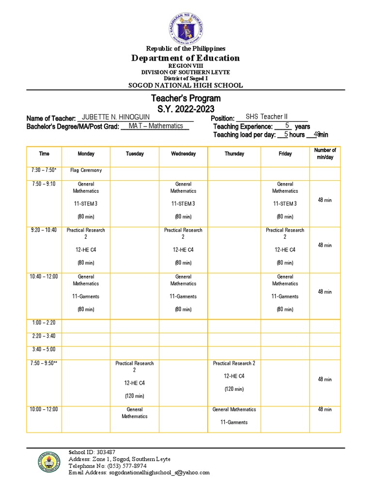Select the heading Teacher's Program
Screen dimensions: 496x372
[x=186, y=99]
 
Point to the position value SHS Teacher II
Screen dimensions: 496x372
[x=266, y=117]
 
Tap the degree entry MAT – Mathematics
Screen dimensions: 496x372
[x=155, y=126]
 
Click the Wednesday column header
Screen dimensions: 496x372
[x=183, y=154]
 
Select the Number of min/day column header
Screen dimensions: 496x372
[x=325, y=154]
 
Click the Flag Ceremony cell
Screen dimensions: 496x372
[x=86, y=170]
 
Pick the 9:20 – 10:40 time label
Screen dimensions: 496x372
[x=44, y=231]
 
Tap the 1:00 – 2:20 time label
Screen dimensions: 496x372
[x=44, y=323]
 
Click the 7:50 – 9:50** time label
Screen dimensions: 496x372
[x=44, y=363]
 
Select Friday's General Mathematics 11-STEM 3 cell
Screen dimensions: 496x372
[x=285, y=201]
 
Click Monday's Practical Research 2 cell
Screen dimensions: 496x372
[x=86, y=247]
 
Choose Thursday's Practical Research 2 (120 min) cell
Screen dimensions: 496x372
[x=234, y=376]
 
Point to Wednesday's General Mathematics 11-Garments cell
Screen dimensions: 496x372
[x=183, y=293]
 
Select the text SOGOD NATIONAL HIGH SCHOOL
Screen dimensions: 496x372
[x=186, y=86]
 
